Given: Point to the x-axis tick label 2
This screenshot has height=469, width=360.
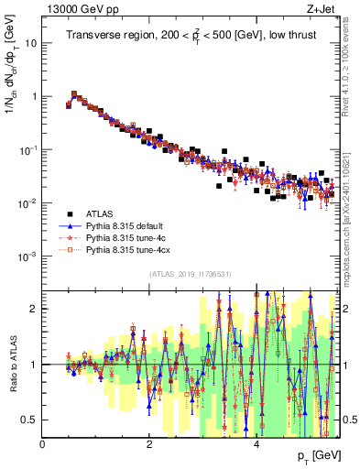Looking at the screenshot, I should click(149, 445).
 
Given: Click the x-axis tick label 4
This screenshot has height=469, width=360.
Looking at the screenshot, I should click(256, 445).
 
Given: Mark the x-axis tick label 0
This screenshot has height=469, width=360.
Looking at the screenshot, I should click(43, 445).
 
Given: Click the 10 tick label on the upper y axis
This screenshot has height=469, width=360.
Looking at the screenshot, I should click(30, 43).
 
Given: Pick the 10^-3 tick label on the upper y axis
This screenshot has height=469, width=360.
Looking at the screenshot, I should click(27, 256).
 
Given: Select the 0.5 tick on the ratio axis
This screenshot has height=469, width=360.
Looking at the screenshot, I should click(30, 420).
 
